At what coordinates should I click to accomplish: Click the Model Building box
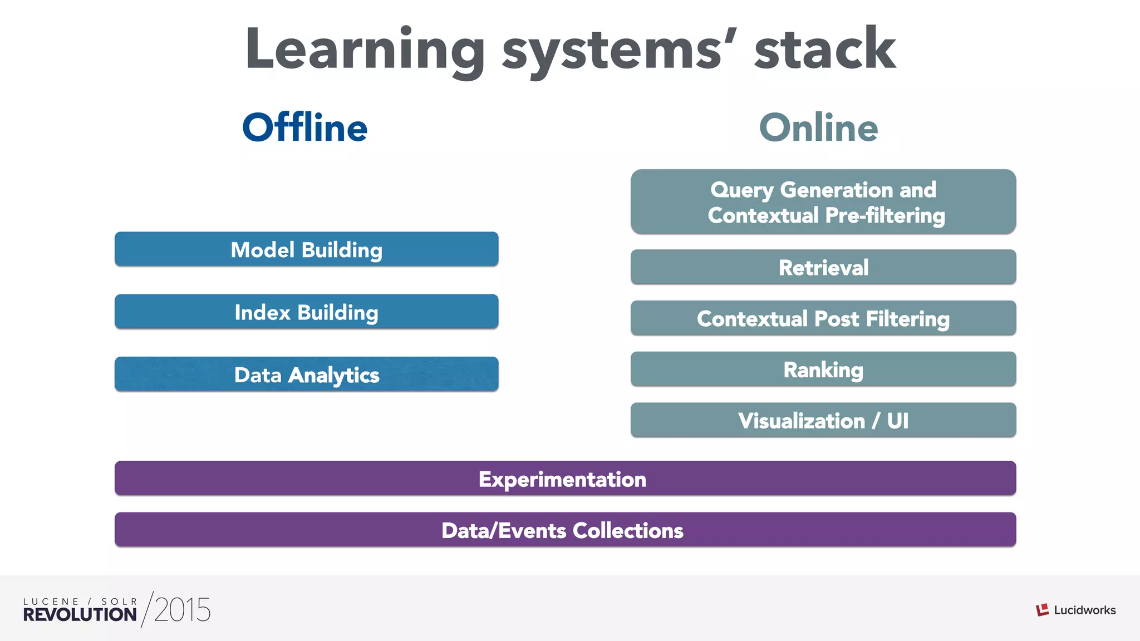tap(306, 249)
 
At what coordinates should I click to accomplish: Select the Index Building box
tap(306, 312)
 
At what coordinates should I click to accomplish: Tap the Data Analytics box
tap(306, 374)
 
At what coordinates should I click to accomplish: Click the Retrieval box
tap(823, 267)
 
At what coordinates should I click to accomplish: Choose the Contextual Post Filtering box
tap(823, 318)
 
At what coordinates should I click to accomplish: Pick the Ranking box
tap(823, 369)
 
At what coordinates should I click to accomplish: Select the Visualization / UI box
tap(823, 420)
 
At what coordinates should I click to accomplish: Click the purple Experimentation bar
tap(565, 479)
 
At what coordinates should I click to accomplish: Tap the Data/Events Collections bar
tap(565, 530)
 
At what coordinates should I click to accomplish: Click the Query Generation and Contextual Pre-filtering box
tap(823, 202)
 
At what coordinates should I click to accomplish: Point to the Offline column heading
tap(305, 127)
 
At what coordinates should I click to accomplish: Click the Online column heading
tap(819, 127)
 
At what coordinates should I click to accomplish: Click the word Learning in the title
tap(365, 50)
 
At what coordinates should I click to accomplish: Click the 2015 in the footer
tap(183, 610)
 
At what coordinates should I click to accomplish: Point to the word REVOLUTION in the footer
tap(80, 615)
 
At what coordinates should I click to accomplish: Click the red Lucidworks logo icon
tap(1042, 610)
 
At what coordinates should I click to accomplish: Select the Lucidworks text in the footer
tap(1084, 610)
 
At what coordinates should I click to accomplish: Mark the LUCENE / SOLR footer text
tap(80, 601)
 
